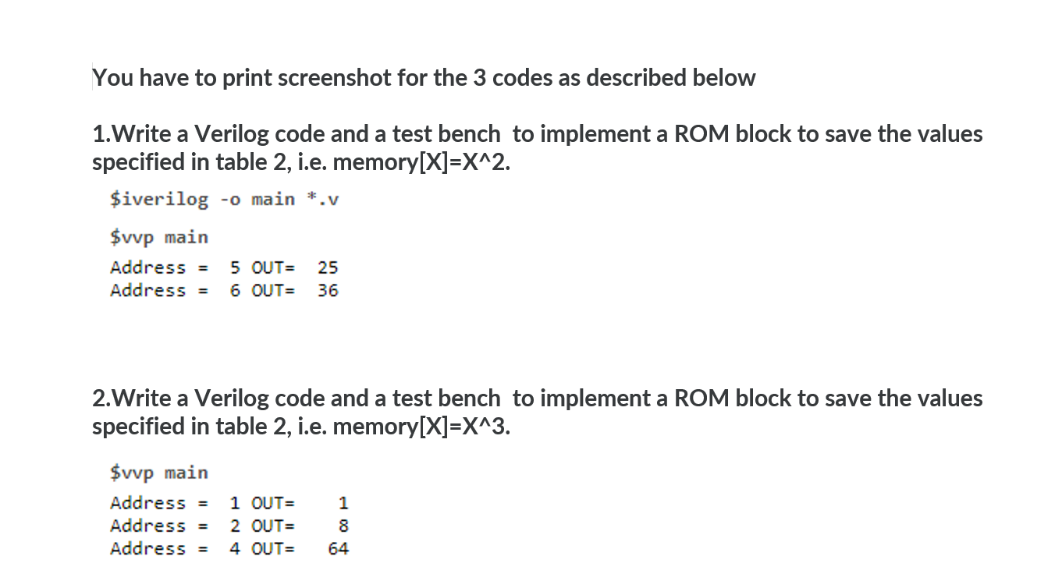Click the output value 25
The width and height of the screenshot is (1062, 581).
[328, 267]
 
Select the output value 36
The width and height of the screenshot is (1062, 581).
[328, 291]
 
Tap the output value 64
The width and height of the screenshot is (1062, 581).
[338, 549]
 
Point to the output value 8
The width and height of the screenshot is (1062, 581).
[343, 526]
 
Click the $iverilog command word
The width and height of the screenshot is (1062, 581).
[159, 200]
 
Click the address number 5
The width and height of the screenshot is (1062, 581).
[235, 267]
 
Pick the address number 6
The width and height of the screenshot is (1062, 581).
[235, 291]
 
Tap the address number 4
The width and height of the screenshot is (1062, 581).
[235, 549]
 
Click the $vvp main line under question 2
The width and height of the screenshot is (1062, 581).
[159, 473]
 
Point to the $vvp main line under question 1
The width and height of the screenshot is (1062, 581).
[159, 236]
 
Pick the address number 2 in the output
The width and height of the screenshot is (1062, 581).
[235, 526]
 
